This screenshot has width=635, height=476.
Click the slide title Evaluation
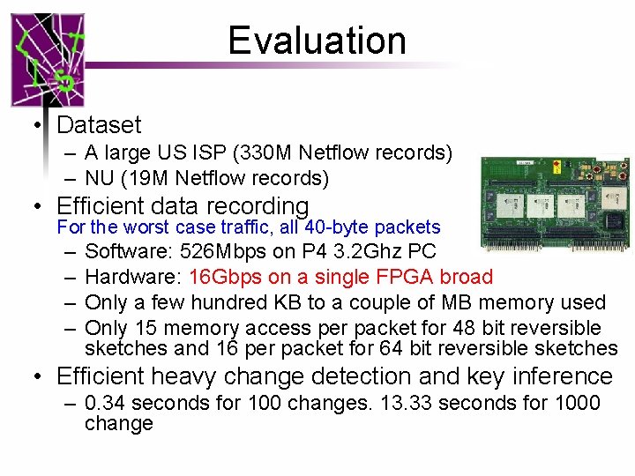pyautogui.click(x=317, y=41)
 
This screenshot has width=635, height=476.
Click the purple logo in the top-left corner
pyautogui.click(x=48, y=60)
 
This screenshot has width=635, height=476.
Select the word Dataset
pyautogui.click(x=98, y=126)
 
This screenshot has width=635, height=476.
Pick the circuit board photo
pyautogui.click(x=555, y=203)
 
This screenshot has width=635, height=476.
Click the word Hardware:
pyautogui.click(x=133, y=278)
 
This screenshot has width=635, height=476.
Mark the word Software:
pyautogui.click(x=129, y=252)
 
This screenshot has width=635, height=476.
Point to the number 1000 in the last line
pyautogui.click(x=575, y=404)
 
